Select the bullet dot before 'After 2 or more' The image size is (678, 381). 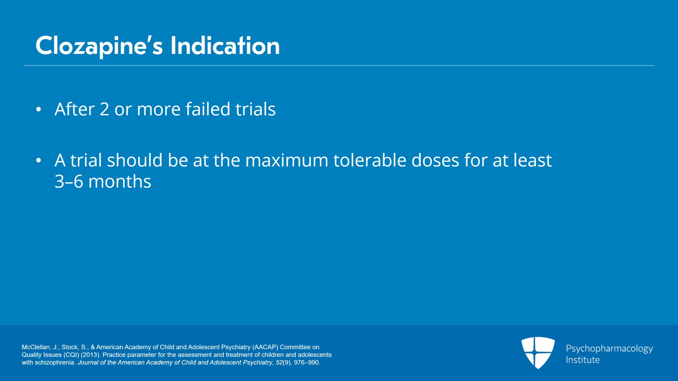(x=39, y=109)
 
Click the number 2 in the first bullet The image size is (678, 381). (x=104, y=109)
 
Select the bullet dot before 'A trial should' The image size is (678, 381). (x=39, y=160)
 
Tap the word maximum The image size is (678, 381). (x=286, y=160)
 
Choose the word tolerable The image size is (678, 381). (x=370, y=160)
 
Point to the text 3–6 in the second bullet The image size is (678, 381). (x=69, y=181)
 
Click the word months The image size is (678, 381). (x=120, y=181)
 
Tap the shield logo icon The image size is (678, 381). (x=538, y=353)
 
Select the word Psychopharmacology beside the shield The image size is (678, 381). (x=609, y=349)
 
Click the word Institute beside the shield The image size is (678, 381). (x=583, y=360)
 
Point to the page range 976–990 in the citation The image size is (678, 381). (x=306, y=362)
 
